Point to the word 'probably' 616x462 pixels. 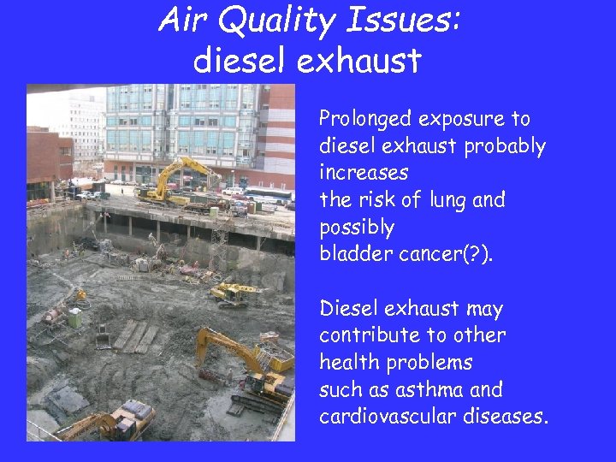pos(504,146)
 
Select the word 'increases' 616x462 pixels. pos(364,173)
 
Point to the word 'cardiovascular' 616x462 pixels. pos(388,418)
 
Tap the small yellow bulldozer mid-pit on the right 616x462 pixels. pos(236,294)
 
